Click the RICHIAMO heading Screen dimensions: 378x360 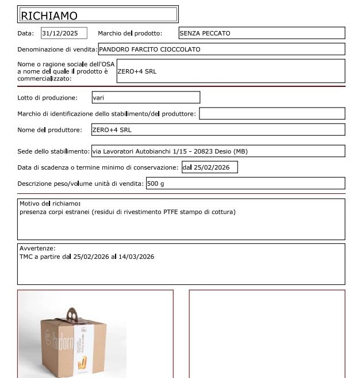click(49, 16)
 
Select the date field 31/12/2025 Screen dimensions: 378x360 click(63, 33)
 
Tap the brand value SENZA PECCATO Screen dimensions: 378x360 click(205, 33)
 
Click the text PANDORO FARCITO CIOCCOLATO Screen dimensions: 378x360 click(150, 49)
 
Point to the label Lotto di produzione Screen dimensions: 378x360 click(47, 98)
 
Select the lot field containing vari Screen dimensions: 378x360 click(145, 98)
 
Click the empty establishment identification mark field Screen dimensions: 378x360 click(271, 114)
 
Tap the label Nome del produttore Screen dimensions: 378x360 click(50, 130)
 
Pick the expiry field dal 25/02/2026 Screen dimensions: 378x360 click(209, 167)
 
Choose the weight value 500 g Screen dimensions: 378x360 click(155, 184)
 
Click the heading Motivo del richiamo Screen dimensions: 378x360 click(50, 204)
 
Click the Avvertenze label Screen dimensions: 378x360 click(37, 249)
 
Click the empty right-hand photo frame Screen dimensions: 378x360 click(267, 334)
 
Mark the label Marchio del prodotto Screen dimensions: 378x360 click(130, 33)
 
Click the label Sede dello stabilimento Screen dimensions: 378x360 click(53, 151)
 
